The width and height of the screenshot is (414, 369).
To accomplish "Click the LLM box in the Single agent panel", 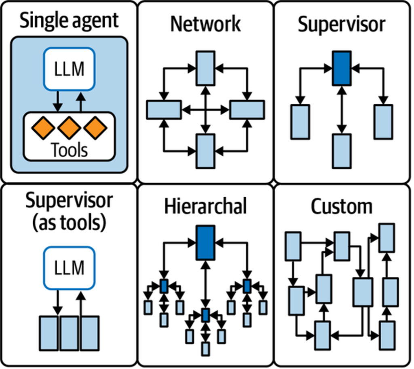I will (69, 69).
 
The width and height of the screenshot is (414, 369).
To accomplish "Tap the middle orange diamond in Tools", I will (69, 128).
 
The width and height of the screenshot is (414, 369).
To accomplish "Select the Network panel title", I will (205, 24).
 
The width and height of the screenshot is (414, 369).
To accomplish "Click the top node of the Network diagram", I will (206, 68).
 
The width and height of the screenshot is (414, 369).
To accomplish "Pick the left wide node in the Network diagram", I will (163, 110).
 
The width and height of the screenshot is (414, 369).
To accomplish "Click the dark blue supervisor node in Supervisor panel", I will (342, 68).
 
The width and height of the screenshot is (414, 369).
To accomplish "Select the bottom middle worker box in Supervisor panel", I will (342, 151).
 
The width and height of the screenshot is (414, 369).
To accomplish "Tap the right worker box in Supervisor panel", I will (383, 122).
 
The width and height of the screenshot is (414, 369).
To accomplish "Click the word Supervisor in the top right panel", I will (342, 24).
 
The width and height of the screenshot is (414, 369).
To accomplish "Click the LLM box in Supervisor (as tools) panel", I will (69, 268).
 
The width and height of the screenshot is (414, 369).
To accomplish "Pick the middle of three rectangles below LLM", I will (69, 333).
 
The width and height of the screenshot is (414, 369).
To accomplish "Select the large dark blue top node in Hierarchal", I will (206, 243).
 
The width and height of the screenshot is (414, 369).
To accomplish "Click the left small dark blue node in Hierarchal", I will (164, 286).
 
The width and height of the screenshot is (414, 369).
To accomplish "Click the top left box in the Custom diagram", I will (293, 246).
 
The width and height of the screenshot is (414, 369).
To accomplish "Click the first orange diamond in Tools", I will (43, 128).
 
